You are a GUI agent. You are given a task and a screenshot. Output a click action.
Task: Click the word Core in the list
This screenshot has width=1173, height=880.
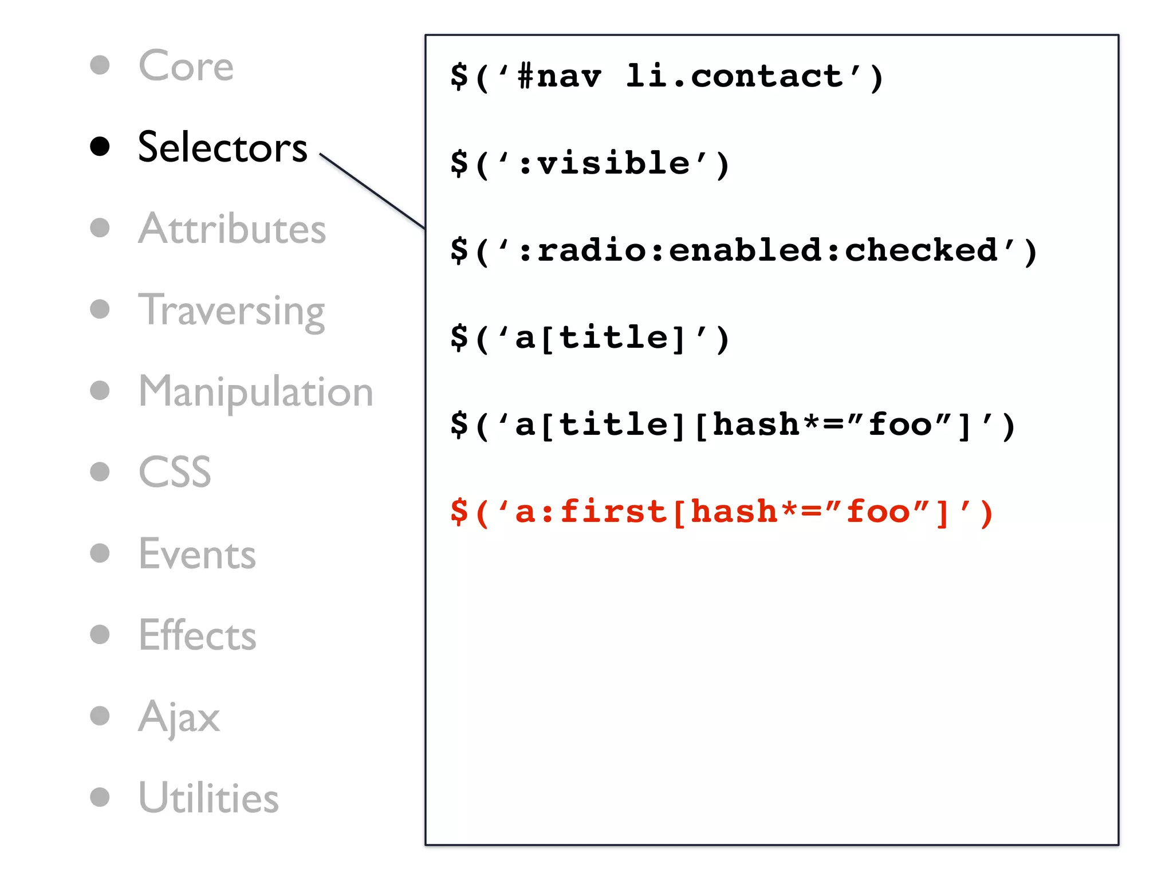(x=186, y=66)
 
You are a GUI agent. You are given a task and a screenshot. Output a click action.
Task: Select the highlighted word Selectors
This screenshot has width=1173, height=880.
(x=222, y=147)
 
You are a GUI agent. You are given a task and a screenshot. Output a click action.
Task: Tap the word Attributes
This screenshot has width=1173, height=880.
(x=232, y=229)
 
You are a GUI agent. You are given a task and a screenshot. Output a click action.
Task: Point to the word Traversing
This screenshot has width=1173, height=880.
(x=231, y=311)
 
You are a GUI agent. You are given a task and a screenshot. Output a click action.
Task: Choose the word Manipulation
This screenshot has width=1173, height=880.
(x=255, y=392)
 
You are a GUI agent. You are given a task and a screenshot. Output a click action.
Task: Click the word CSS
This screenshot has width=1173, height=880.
(x=175, y=473)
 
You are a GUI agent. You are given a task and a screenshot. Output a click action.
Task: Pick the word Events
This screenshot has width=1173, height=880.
(x=197, y=555)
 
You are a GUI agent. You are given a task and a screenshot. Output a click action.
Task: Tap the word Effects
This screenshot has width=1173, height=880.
(x=197, y=635)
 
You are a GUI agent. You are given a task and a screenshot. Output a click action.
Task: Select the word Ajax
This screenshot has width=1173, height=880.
(x=179, y=717)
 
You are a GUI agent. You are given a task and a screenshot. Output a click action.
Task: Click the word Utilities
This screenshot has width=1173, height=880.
(x=208, y=798)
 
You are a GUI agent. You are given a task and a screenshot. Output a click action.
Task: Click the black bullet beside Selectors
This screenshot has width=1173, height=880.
(x=100, y=147)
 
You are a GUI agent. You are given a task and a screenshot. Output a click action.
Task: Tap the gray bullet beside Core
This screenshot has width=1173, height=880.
(x=100, y=65)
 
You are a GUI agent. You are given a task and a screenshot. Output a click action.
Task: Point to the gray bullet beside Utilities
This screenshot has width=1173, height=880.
(x=100, y=797)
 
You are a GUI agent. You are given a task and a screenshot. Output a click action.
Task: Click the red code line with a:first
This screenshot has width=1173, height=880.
(x=721, y=512)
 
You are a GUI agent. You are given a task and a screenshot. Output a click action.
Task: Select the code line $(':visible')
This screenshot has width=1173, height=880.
(x=589, y=164)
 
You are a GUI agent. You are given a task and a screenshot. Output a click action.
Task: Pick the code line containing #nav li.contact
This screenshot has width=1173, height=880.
(x=667, y=77)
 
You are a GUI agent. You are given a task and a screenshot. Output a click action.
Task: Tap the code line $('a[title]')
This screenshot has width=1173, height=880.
(x=589, y=338)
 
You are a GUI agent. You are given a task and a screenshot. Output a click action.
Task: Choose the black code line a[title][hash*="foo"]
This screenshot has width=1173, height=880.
(x=733, y=426)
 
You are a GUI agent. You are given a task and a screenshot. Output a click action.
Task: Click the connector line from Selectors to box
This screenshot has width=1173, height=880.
(x=372, y=191)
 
